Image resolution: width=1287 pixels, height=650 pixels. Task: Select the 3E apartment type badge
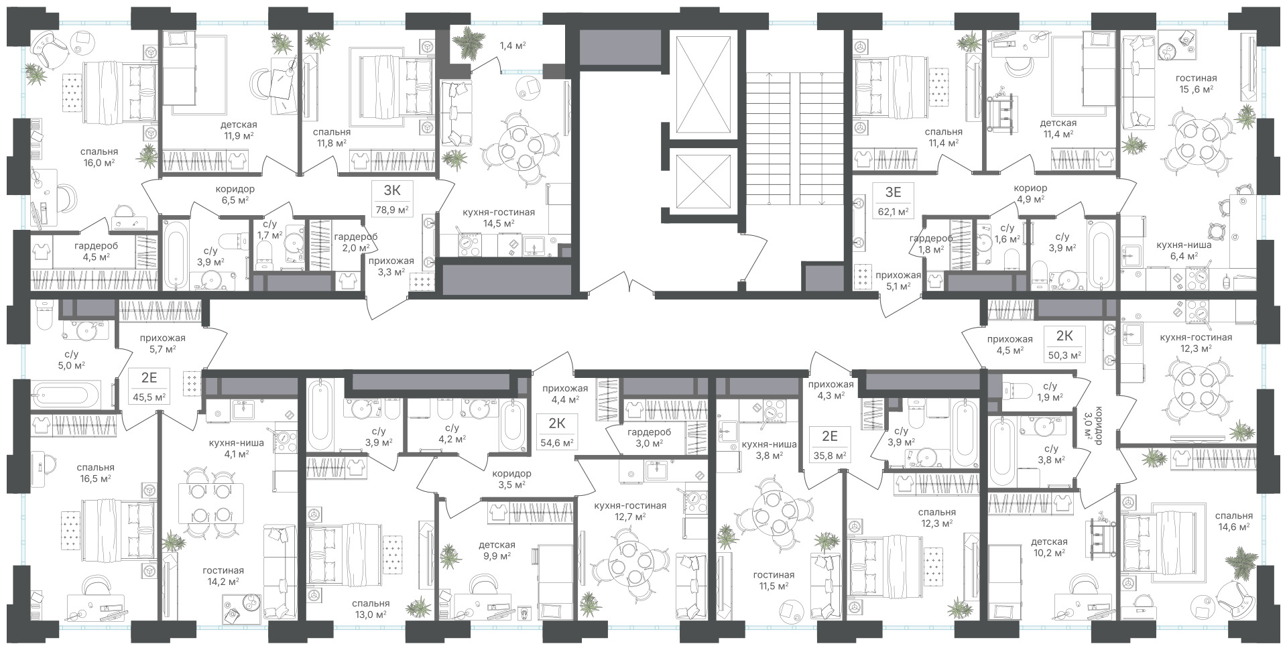pyautogui.click(x=893, y=192)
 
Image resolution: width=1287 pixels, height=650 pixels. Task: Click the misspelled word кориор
pyautogui.click(x=1031, y=188)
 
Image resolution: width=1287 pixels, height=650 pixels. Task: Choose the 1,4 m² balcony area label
pyautogui.click(x=512, y=46)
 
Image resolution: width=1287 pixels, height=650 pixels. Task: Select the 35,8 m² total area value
pyautogui.click(x=830, y=456)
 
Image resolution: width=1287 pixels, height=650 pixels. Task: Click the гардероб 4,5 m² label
pyautogui.click(x=92, y=251)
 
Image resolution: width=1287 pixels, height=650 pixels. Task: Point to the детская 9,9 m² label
pyautogui.click(x=497, y=550)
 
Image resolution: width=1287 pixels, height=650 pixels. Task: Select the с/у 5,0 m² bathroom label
pyautogui.click(x=67, y=359)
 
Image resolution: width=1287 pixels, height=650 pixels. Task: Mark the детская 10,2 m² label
pyautogui.click(x=1050, y=547)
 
